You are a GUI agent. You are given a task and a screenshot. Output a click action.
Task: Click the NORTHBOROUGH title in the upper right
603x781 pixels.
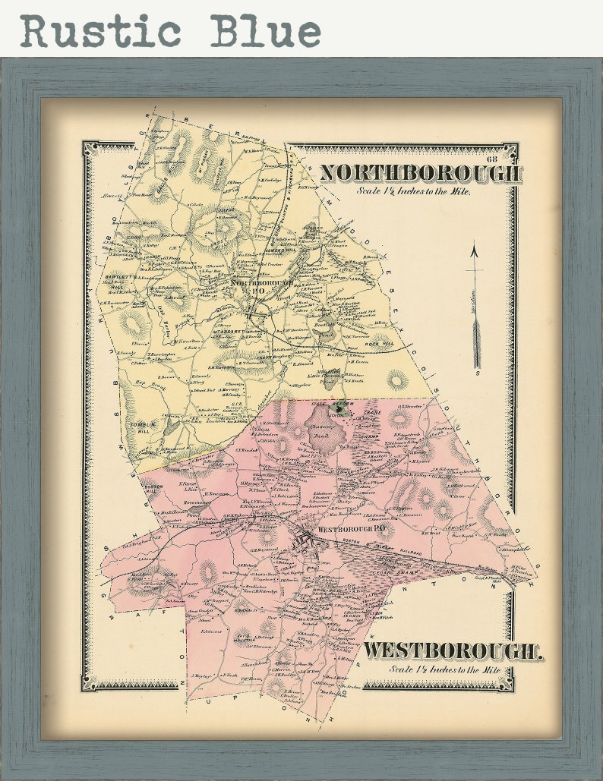pos(420,173)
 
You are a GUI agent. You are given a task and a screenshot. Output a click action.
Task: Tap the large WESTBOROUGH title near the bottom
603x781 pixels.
pos(453,650)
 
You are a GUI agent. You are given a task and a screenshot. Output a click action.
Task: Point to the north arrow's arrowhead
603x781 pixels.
pos(475,250)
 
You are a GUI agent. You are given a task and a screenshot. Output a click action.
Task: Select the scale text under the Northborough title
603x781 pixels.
pos(414,191)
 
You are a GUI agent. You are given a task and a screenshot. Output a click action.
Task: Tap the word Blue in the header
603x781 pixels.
pos(265,31)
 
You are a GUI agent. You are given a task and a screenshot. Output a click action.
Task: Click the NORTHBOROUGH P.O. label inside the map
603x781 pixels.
pos(263,285)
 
